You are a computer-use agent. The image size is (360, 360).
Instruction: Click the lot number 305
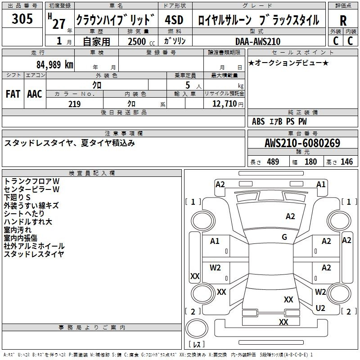pos(22,18)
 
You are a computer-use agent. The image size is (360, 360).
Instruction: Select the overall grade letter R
pos(343,20)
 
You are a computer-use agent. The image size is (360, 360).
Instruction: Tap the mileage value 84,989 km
pos(54,64)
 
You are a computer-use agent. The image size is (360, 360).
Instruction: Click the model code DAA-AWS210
pos(258,41)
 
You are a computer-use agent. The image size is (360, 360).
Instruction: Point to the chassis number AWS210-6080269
pos(302,143)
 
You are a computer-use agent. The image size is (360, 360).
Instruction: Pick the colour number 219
pos(74,104)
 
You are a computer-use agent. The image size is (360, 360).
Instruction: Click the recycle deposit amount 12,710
pos(224,103)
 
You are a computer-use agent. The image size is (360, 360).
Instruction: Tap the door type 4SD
pos(174,20)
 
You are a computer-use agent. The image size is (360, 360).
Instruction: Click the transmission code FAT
pos(13,94)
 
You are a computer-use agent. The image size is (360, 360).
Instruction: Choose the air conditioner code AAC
pos(35,94)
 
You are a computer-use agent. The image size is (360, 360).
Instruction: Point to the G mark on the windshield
pos(284,237)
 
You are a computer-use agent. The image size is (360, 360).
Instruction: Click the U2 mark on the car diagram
pos(320,308)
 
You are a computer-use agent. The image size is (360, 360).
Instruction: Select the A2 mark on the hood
pos(290,216)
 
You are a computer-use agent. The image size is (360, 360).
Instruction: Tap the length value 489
pos(273,162)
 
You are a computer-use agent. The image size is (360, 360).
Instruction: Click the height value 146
pos(346,162)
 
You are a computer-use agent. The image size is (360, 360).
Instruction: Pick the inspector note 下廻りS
pos(17,197)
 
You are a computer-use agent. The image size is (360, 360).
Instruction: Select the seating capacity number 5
pos(188,85)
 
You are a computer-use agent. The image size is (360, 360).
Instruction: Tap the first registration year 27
pos(59,24)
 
